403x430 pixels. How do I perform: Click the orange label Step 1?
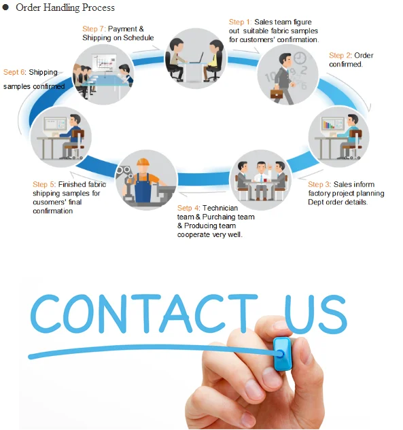(240, 22)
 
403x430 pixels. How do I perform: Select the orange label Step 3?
(319, 184)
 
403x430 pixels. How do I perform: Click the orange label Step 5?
(44, 184)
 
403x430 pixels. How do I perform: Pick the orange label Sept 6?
(14, 73)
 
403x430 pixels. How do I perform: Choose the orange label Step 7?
(94, 29)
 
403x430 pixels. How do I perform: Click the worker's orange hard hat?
(143, 162)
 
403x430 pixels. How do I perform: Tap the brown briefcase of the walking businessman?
(277, 94)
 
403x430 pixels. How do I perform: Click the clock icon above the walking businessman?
(300, 58)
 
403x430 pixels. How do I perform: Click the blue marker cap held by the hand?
(283, 354)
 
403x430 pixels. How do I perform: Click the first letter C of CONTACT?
(46, 313)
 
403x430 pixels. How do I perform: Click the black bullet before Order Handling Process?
(5, 7)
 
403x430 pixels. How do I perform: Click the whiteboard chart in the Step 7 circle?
(104, 62)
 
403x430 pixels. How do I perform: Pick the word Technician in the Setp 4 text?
(220, 208)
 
